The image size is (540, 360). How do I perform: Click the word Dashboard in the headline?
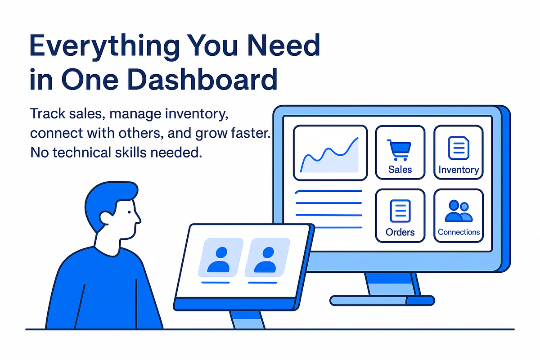click(x=202, y=79)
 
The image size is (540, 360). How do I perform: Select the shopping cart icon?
click(x=399, y=150)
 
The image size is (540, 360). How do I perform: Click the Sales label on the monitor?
click(x=400, y=170)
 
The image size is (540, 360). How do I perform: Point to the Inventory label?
click(x=459, y=170)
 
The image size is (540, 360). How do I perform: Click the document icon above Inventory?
click(x=459, y=148)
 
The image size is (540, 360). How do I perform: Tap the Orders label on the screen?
click(x=400, y=232)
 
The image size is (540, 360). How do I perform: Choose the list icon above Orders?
click(x=400, y=211)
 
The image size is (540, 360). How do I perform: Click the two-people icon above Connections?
click(x=459, y=211)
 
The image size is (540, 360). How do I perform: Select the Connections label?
click(x=459, y=232)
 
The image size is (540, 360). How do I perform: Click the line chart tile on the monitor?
click(x=330, y=153)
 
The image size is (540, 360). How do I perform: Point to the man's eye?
click(x=129, y=212)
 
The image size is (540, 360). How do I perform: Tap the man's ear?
click(x=107, y=218)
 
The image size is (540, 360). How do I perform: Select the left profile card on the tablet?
click(x=220, y=257)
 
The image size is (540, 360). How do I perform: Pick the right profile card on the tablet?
click(x=267, y=257)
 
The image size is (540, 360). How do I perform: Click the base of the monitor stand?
click(x=382, y=301)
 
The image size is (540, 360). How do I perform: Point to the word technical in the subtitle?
click(x=81, y=153)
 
